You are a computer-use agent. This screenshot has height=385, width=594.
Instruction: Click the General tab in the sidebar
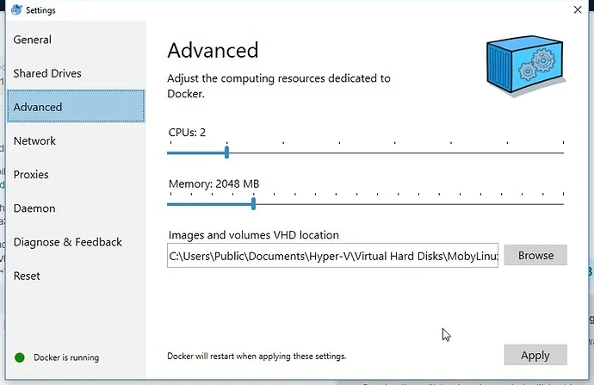pyautogui.click(x=32, y=40)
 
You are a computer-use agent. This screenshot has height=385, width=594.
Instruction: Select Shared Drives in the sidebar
pyautogui.click(x=47, y=73)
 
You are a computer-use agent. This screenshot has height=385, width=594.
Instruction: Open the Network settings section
pyautogui.click(x=34, y=141)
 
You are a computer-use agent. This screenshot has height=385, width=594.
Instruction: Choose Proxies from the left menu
pyautogui.click(x=31, y=175)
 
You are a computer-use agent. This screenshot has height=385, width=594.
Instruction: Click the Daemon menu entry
pyautogui.click(x=34, y=208)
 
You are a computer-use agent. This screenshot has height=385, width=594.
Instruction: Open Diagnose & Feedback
pyautogui.click(x=68, y=242)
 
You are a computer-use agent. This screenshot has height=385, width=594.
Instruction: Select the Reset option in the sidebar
pyautogui.click(x=27, y=276)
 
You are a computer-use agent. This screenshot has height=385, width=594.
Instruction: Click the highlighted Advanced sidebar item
pyautogui.click(x=76, y=106)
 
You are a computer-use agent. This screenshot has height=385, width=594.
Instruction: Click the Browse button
pyautogui.click(x=535, y=256)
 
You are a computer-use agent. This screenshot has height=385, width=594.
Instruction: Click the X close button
pyautogui.click(x=578, y=9)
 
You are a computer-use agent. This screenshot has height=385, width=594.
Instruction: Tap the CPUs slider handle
pyautogui.click(x=226, y=152)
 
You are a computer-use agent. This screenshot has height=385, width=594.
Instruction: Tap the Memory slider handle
pyautogui.click(x=253, y=204)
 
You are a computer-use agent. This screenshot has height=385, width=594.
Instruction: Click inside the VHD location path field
pyautogui.click(x=332, y=256)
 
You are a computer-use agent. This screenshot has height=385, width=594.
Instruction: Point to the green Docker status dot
pyautogui.click(x=20, y=357)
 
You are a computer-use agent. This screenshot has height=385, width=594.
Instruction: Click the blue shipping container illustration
pyautogui.click(x=526, y=66)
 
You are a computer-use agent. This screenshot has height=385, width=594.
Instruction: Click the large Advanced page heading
pyautogui.click(x=213, y=50)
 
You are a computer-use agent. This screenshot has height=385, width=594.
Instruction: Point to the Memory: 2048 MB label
pyautogui.click(x=214, y=183)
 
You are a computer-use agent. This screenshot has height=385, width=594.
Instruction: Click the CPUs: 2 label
pyautogui.click(x=187, y=133)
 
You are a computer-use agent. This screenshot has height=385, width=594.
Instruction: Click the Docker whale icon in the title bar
pyautogui.click(x=16, y=9)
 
